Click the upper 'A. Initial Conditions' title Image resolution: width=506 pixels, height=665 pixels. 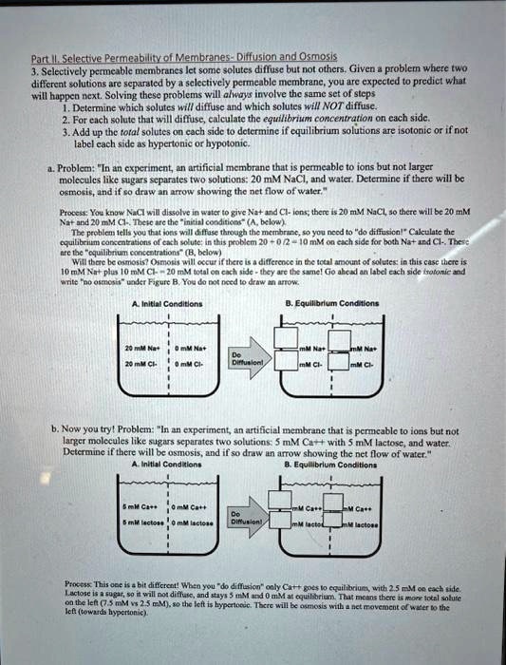point(155,304)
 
